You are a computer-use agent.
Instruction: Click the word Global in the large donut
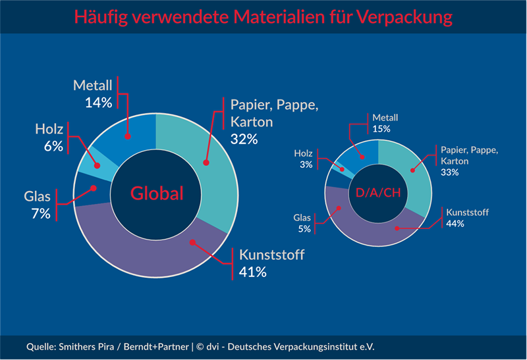click(156, 193)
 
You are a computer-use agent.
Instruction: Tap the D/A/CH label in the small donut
click(378, 193)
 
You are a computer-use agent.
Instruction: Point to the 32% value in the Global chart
click(244, 139)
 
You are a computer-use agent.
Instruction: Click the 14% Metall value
click(99, 102)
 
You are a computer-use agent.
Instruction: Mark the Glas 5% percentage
click(304, 228)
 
